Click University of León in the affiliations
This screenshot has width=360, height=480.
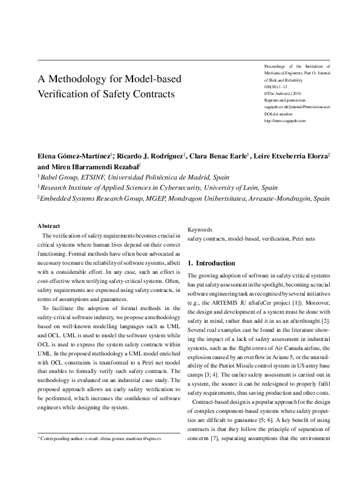click(x=248, y=187)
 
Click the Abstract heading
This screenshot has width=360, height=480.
click(x=48, y=225)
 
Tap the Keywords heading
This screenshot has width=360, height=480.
click(x=200, y=230)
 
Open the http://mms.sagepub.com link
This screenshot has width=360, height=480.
click(x=285, y=120)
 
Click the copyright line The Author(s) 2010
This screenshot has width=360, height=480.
click(x=284, y=93)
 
